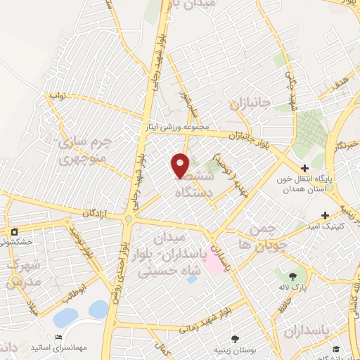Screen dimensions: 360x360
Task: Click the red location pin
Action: click(181, 165)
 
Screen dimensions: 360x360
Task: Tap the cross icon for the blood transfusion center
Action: click(304, 169)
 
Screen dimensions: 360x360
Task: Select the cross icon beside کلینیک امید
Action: click(324, 215)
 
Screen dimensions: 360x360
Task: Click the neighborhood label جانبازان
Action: click(250, 105)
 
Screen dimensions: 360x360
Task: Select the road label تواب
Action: click(56, 94)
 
